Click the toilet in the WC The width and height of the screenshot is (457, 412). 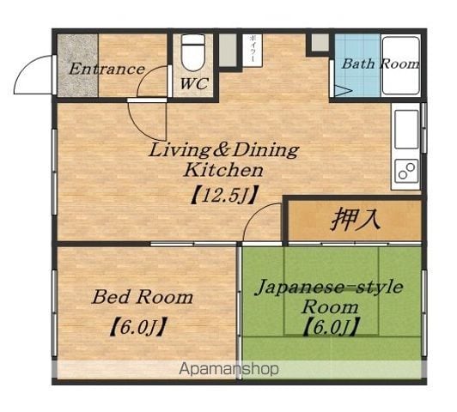pos(193,52)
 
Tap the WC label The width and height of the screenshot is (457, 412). pos(194,84)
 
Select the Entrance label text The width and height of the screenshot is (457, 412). pos(107,70)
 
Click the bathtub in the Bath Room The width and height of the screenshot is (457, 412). pos(401,65)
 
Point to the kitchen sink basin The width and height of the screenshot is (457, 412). pos(406,130)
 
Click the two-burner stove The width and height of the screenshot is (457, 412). pos(406,171)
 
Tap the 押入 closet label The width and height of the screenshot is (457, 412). pos(356,220)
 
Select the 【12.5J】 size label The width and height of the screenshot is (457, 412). pos(224,196)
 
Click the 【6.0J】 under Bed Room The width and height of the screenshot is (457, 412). pos(138,327)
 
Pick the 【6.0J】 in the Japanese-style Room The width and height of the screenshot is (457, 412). pos(331,327)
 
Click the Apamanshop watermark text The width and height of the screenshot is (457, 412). pos(228,369)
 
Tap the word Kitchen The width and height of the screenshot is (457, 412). pos(224,170)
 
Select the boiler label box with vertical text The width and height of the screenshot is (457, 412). pos(253,51)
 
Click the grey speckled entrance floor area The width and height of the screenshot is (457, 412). pos(77,65)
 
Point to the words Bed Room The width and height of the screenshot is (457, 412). pos(143,297)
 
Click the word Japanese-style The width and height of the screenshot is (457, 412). pos(329,288)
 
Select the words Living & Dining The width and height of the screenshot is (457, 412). pos(224,150)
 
